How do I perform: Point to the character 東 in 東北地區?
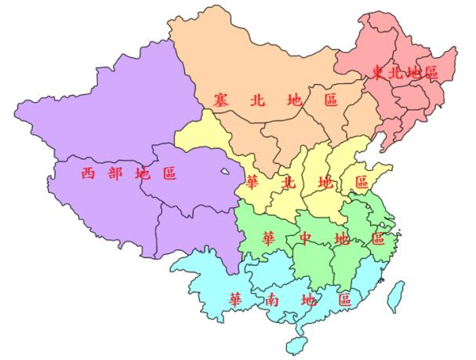[378, 73]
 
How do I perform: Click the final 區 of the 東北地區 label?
[431, 73]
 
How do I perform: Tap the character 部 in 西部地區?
[114, 174]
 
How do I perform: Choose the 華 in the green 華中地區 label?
[268, 238]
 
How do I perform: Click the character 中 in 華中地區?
[304, 238]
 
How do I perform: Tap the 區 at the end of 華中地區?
[377, 238]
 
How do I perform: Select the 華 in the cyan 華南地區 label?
[234, 300]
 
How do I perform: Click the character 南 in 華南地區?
[270, 300]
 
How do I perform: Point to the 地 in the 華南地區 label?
[307, 300]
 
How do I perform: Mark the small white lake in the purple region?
[227, 169]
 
